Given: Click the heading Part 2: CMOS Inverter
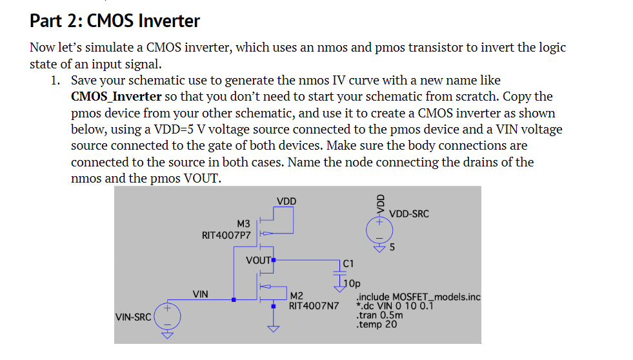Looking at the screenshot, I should coord(115,21).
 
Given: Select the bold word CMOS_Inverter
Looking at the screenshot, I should coord(116,97).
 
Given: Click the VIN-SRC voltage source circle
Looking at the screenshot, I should coord(168,316).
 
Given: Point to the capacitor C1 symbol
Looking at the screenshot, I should coord(340,272).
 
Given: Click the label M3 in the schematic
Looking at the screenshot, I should coord(243,223).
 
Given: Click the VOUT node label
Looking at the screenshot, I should coord(258,261).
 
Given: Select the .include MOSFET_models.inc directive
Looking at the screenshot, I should coord(418,297).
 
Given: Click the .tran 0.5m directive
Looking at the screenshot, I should coord(379,315).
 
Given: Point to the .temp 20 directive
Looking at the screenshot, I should coord(376,325).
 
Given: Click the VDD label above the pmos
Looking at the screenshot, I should coord(286,201).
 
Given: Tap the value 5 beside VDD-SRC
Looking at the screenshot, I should coord(392,247).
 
